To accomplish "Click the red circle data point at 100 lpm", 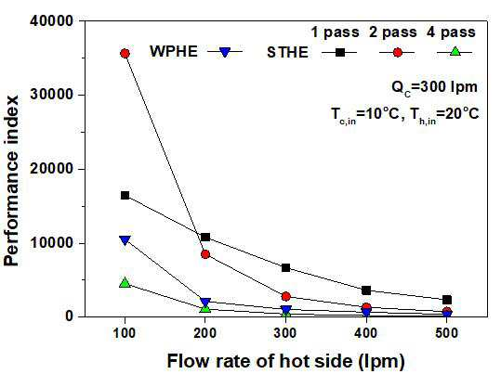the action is click(x=125, y=53).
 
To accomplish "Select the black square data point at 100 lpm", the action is click(x=125, y=195).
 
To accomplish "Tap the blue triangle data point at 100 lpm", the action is click(x=125, y=240).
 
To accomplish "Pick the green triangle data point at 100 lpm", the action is click(x=125, y=282).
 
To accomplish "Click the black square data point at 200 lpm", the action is click(x=205, y=237).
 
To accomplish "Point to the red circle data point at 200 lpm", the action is click(x=205, y=254).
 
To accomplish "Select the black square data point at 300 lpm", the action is click(x=286, y=267).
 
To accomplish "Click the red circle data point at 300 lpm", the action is click(x=286, y=296).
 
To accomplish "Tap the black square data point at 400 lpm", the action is click(x=366, y=290).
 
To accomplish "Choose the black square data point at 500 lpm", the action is click(x=447, y=300).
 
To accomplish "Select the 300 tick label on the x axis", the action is click(x=285, y=333).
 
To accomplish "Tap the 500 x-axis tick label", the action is click(x=447, y=333).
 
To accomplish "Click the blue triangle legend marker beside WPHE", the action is click(x=225, y=52).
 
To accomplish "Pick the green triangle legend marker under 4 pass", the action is click(x=455, y=51).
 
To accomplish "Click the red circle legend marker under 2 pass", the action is click(x=397, y=52).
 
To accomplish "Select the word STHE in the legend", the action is click(x=287, y=52).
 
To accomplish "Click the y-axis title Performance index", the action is click(x=11, y=181).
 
